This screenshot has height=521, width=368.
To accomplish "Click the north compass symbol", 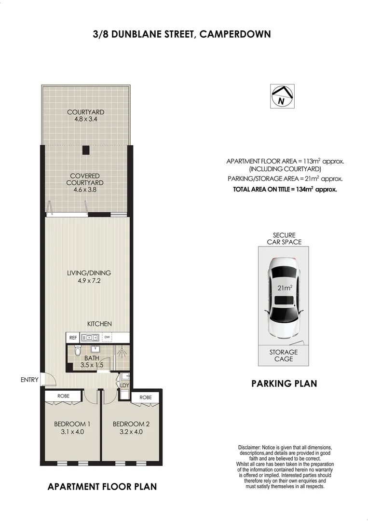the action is [282, 96].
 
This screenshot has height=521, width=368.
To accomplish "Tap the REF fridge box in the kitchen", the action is [73, 338].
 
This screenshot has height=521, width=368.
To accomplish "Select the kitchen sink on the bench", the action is [90, 338].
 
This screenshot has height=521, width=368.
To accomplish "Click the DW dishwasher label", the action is [107, 337].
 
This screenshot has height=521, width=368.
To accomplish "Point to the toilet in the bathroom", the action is [78, 350].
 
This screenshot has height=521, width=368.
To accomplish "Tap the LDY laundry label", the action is [124, 385].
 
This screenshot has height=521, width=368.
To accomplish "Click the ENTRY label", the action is [29, 380].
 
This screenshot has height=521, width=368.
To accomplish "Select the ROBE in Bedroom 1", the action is [64, 396].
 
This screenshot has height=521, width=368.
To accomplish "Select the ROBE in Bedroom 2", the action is [146, 398].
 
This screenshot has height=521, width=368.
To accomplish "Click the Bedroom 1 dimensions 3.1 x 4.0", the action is [72, 432].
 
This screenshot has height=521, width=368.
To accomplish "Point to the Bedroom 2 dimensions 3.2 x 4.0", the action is [131, 432].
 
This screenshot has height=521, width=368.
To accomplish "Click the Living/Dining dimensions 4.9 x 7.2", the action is [89, 281].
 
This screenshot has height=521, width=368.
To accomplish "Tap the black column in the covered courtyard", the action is [86, 151].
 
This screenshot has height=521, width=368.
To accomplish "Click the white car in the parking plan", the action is [285, 298].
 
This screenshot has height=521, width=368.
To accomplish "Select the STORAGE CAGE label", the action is [284, 356].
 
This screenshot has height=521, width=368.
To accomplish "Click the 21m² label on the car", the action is [285, 288].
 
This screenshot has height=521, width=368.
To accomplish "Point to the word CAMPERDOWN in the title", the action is [235, 34].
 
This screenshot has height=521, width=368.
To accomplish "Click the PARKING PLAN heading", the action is [284, 384].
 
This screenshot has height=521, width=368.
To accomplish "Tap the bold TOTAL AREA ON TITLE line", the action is [285, 190].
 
